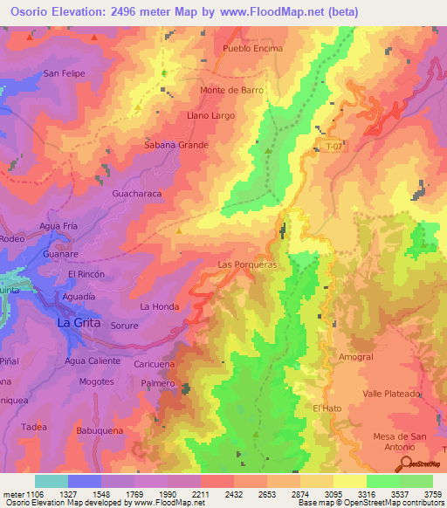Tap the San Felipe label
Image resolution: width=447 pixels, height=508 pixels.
coord(65,73)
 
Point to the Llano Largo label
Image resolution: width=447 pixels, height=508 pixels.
coord(210,115)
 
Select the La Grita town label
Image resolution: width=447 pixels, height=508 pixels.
coord(79,322)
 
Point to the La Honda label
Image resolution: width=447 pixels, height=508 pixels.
coord(159,306)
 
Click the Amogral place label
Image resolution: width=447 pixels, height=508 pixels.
coord(355,357)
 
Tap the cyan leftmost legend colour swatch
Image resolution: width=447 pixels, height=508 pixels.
coord(52,481)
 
